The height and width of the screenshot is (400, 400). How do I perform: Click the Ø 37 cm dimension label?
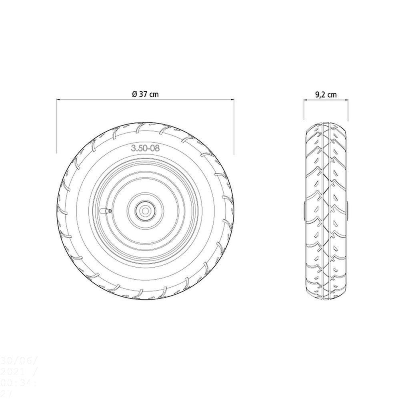[x=145, y=94]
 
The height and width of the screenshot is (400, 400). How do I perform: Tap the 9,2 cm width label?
[x=326, y=95]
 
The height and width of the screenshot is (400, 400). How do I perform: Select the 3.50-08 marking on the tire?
[x=145, y=148]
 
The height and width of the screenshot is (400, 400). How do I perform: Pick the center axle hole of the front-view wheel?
[x=144, y=209]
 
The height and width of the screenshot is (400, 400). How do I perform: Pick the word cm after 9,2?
[x=332, y=95]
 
